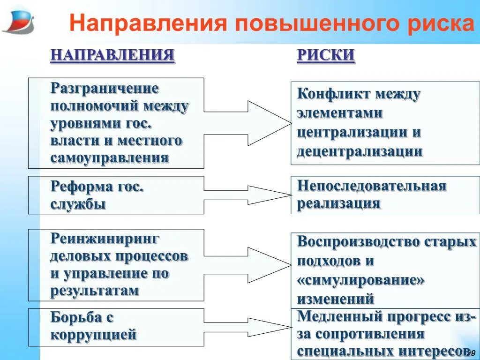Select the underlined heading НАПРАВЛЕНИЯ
click(x=112, y=55)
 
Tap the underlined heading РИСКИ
click(x=326, y=55)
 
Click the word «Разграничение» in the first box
click(x=105, y=89)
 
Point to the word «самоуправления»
click(x=109, y=158)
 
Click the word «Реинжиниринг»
click(x=105, y=239)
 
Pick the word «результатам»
click(x=95, y=291)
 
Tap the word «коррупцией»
click(x=93, y=335)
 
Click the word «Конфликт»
click(x=333, y=94)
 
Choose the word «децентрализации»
click(x=360, y=151)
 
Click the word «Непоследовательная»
click(x=372, y=186)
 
